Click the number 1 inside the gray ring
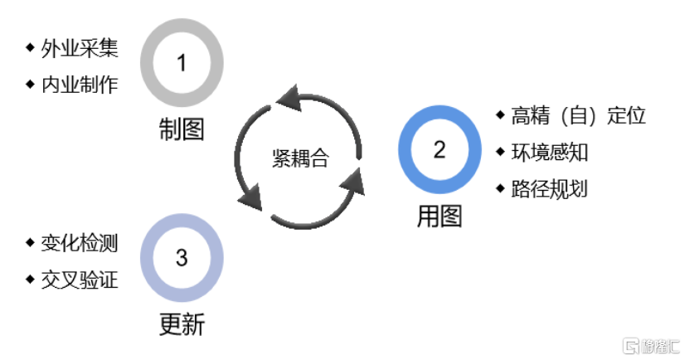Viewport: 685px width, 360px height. [182, 62]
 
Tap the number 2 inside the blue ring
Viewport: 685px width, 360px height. [440, 149]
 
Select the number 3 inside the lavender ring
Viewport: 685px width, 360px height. [182, 258]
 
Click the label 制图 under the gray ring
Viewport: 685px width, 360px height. [182, 130]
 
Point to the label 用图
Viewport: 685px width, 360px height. [440, 217]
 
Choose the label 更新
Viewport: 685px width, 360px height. [182, 324]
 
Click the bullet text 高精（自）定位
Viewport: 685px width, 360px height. [578, 115]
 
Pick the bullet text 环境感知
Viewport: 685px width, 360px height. [549, 152]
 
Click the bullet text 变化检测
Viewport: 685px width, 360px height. [80, 243]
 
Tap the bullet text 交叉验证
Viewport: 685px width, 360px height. [80, 280]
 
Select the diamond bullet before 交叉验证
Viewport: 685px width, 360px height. [31, 280]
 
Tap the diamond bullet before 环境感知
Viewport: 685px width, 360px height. [500, 152]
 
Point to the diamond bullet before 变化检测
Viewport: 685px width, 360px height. [31, 243]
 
